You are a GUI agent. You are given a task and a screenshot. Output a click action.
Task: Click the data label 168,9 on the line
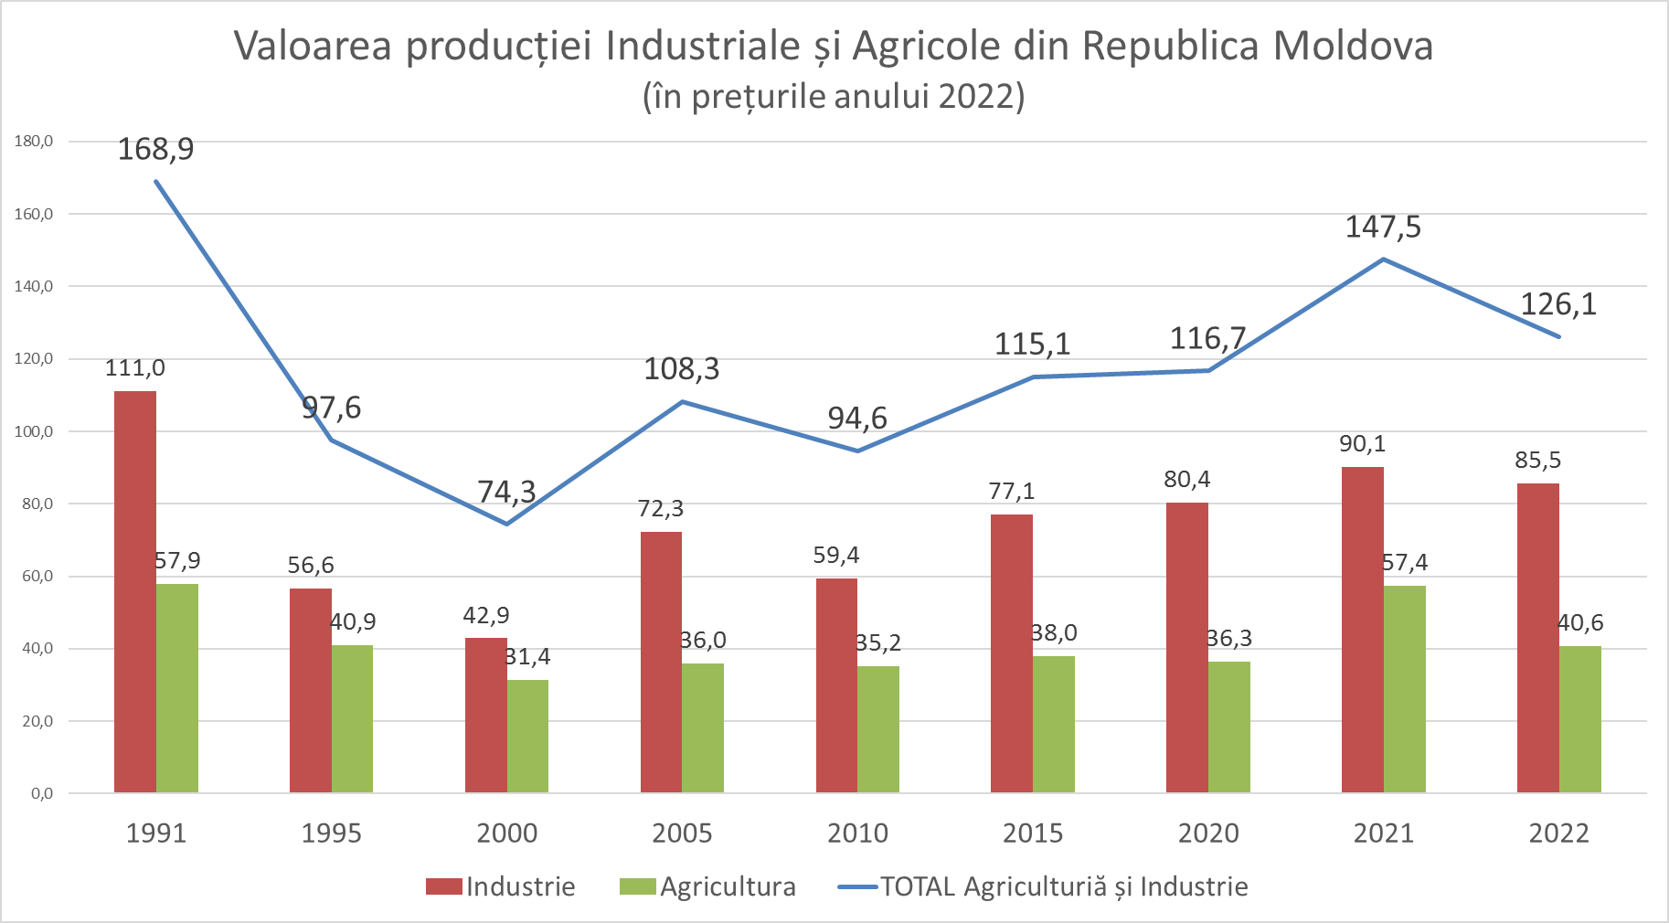click(x=155, y=148)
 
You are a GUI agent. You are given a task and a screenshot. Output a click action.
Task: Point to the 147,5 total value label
click(x=1383, y=227)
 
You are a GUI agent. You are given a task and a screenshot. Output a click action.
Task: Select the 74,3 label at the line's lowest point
click(x=506, y=493)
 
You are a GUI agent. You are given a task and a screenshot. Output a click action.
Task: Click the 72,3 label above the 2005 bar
click(x=660, y=509)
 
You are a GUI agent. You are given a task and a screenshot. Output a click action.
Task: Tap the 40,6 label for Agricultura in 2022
click(x=1580, y=623)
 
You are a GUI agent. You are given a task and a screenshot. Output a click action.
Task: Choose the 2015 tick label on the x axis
click(x=1033, y=833)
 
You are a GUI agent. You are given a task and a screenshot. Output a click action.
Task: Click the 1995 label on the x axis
click(x=331, y=833)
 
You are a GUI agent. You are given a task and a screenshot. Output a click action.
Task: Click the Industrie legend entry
click(x=501, y=886)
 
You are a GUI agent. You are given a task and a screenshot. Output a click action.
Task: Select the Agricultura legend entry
click(x=708, y=886)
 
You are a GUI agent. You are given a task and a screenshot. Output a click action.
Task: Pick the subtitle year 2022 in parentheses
click(x=977, y=96)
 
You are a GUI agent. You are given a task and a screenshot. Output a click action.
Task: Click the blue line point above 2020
click(x=1208, y=370)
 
